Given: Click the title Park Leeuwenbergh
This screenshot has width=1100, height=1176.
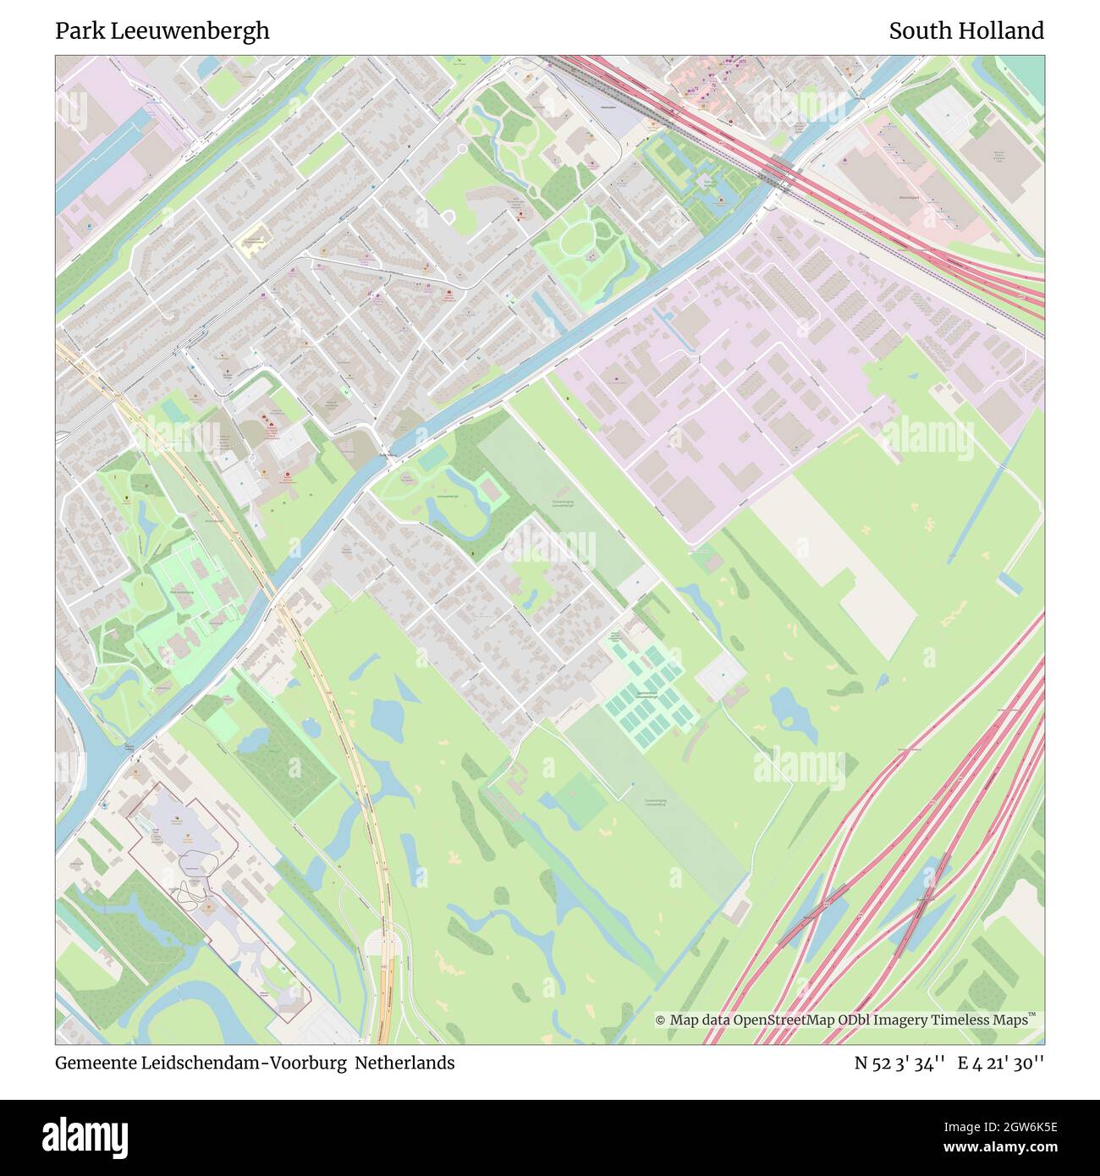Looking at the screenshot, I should [162, 31].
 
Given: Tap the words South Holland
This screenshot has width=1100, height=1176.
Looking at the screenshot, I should [965, 31].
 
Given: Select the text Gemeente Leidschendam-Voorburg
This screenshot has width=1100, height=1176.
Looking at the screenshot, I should [201, 1063].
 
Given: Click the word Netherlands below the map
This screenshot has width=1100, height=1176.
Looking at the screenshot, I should [404, 1063].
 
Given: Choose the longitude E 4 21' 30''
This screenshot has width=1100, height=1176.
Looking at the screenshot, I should [1000, 1063].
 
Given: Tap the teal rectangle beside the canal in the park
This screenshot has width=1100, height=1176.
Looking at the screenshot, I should [432, 458].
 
